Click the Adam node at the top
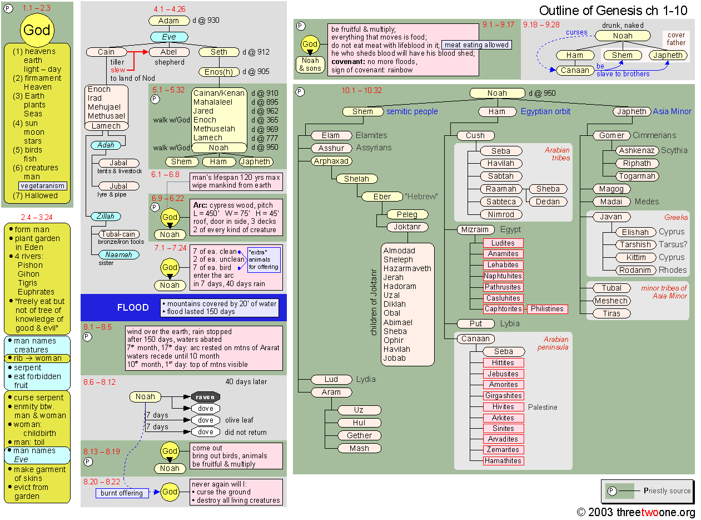[169, 21]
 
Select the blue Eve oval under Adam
[169, 37]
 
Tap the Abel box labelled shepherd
[169, 52]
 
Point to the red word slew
[118, 70]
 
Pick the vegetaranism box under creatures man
[43, 186]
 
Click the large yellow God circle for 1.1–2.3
[37, 30]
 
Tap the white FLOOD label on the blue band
[133, 307]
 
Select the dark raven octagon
[206, 397]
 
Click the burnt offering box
[122, 493]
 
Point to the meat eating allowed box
[476, 45]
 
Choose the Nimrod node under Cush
[500, 214]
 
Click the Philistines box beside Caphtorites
[547, 308]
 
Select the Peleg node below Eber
[407, 214]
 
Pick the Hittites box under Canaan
[503, 362]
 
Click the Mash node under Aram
[359, 448]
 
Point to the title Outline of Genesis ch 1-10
[613, 11]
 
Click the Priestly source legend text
[667, 491]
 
